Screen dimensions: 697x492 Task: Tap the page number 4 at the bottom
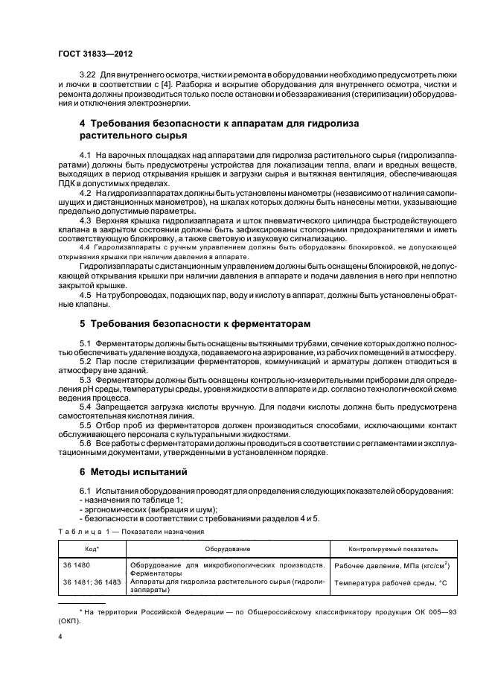(60, 637)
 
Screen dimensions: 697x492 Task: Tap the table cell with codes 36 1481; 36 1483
(90, 582)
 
